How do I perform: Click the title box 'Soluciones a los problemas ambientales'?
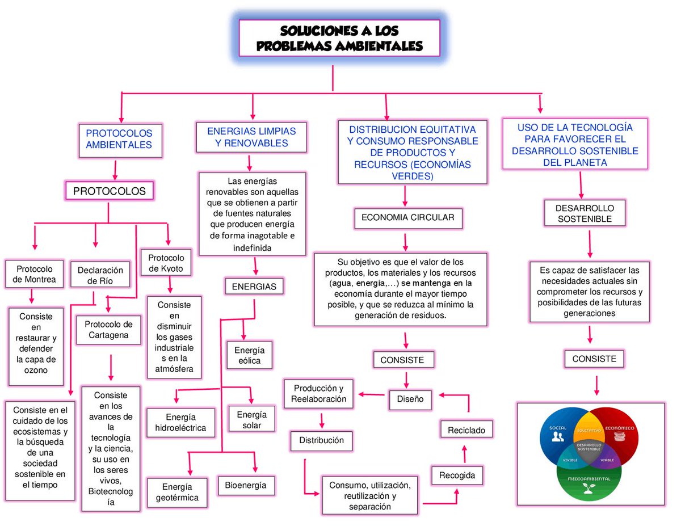click(x=339, y=38)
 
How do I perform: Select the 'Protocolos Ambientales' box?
click(x=120, y=140)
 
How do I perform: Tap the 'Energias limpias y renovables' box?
click(x=251, y=137)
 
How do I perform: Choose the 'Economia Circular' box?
click(x=408, y=218)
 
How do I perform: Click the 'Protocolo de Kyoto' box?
click(x=166, y=263)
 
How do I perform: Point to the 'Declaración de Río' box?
click(x=100, y=275)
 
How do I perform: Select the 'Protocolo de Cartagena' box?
click(x=108, y=330)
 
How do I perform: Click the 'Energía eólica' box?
click(x=250, y=355)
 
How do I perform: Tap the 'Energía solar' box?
click(x=251, y=419)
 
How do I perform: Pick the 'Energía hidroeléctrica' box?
click(x=181, y=422)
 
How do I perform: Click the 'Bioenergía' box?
click(x=246, y=485)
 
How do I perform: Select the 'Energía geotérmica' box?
click(x=177, y=492)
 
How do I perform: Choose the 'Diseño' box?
click(x=410, y=399)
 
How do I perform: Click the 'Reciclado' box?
click(x=466, y=430)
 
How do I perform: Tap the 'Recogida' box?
click(x=457, y=475)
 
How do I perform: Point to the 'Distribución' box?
click(x=322, y=440)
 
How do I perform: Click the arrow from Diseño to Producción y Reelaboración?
click(x=372, y=394)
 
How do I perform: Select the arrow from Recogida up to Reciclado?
click(x=464, y=454)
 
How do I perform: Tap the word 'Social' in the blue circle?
click(x=558, y=428)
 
